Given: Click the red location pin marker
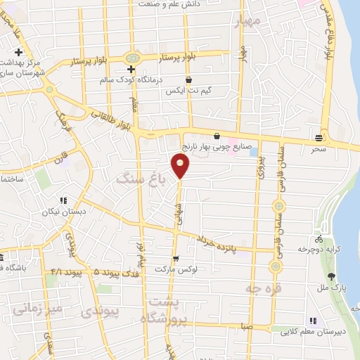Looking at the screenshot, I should click(181, 166).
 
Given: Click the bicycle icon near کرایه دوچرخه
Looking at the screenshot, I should click(321, 238).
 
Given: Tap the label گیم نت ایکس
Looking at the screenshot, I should click(184, 92).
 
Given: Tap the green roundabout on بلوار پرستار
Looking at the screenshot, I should click(131, 57).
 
